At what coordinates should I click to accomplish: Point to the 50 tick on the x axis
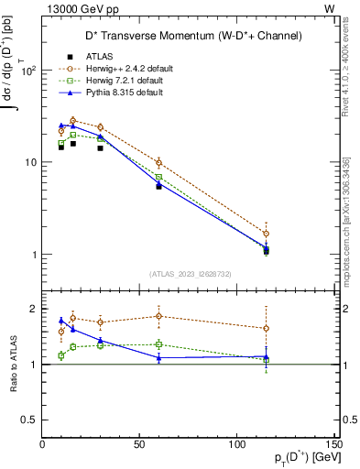[140, 445]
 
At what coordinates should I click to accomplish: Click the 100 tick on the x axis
[237, 445]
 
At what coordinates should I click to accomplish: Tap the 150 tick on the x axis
[334, 445]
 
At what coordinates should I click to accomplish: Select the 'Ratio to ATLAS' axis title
[16, 365]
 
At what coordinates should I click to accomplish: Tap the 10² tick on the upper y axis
[27, 71]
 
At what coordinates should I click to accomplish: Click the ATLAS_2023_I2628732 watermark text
[189, 274]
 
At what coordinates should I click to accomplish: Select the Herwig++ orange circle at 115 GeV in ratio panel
[266, 328]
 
